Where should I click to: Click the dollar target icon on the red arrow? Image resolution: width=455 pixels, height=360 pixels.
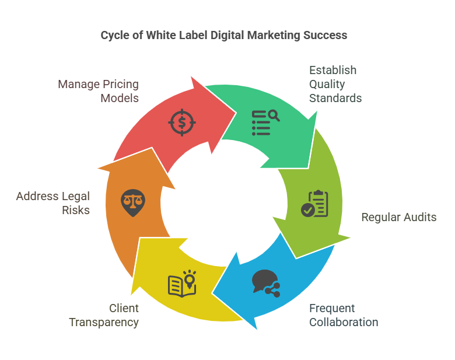coord(182,122)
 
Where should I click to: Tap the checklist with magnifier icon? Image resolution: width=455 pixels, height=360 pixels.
coord(265,123)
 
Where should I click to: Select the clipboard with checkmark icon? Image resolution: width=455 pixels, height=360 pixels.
coord(314,204)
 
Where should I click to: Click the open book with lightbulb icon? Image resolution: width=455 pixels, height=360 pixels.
coord(182,284)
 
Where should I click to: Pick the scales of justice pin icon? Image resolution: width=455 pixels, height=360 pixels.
coord(133,203)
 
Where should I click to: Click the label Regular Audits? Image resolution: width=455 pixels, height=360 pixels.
coord(398,217)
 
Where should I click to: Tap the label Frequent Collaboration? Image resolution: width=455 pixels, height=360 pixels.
coord(344,315)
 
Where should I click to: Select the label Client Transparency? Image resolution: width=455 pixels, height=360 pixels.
coord(104,315)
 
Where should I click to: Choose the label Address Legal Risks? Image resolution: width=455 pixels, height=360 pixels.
coord(53,203)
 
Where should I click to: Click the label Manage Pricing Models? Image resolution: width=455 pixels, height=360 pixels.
coord(99,91)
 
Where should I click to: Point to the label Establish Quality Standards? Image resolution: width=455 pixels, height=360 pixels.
coord(335,84)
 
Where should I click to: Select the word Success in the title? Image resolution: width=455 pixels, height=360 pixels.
coord(325,35)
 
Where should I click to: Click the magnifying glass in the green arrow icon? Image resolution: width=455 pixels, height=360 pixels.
coord(274,116)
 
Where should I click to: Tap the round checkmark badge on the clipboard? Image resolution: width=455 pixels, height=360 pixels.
coord(308,210)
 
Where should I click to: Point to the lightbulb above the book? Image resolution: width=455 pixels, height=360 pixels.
coord(190,279)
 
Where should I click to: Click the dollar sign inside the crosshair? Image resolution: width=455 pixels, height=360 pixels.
coord(182,123)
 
